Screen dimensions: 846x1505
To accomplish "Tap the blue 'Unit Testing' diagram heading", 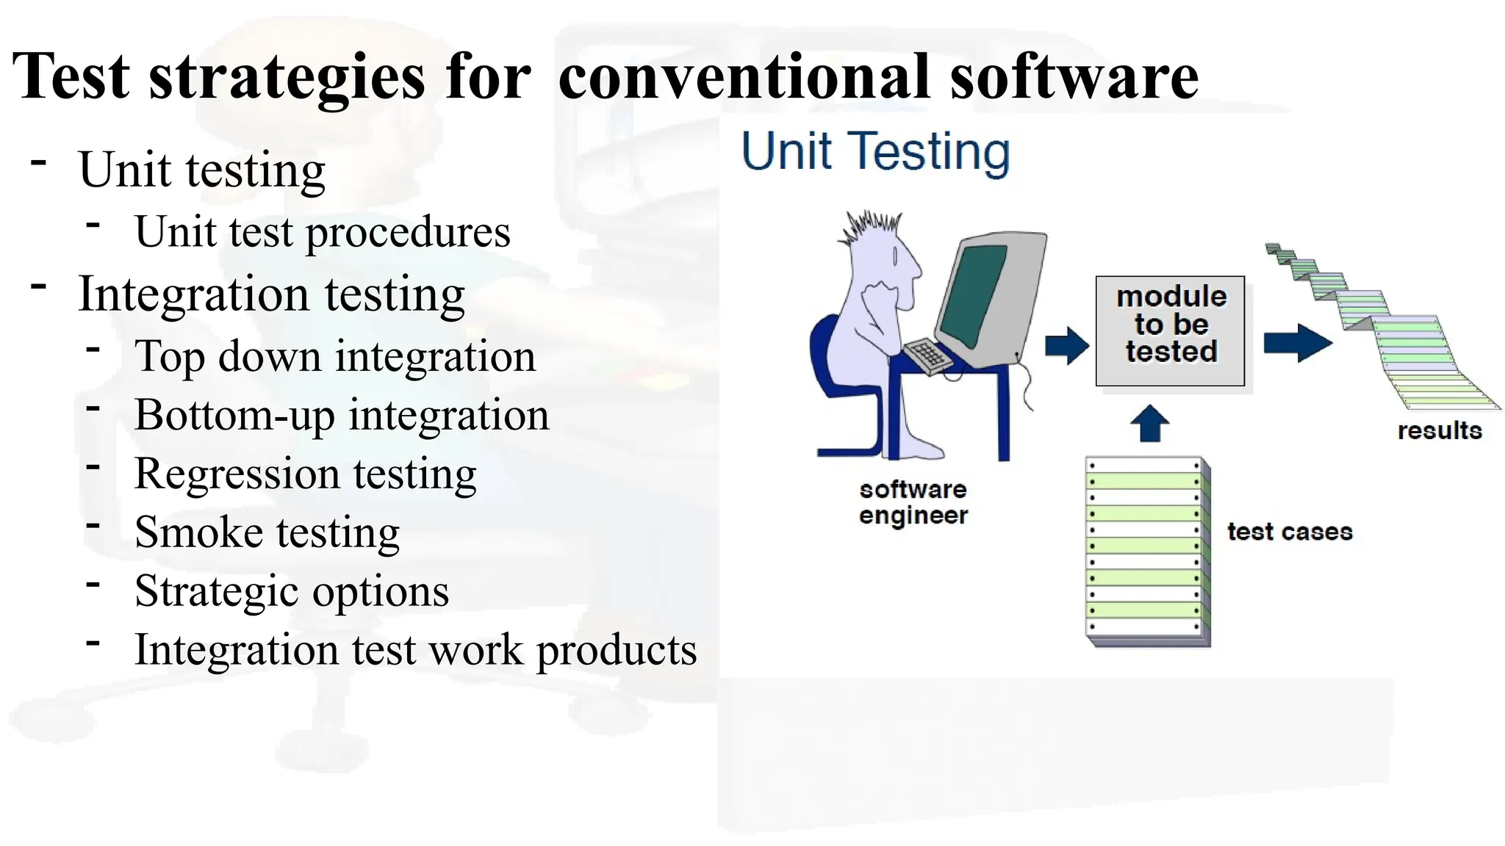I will [x=874, y=151].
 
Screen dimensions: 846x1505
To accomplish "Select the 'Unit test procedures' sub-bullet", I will [x=322, y=232].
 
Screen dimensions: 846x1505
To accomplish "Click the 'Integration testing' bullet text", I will [x=271, y=294].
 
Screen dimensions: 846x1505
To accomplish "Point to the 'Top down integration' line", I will [x=335, y=357].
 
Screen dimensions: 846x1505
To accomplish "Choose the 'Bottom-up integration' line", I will [x=342, y=416].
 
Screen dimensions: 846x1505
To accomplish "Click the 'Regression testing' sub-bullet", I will [x=306, y=474].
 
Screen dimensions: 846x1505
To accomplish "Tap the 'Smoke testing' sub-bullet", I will [x=267, y=532].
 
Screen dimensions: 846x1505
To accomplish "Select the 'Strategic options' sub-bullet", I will [x=292, y=591].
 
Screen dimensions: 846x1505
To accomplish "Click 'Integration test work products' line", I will [x=415, y=650].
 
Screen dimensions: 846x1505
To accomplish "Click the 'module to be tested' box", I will [x=1170, y=330].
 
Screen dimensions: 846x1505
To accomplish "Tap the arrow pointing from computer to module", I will [x=1066, y=345].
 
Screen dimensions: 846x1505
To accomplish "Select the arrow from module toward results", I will [x=1297, y=343].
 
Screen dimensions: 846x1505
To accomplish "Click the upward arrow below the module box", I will [x=1149, y=424].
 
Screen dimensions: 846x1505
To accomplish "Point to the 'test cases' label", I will [x=1289, y=532].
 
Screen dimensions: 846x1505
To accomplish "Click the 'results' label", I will [x=1439, y=430].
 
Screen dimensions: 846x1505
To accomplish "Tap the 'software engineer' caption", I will [x=913, y=502].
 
